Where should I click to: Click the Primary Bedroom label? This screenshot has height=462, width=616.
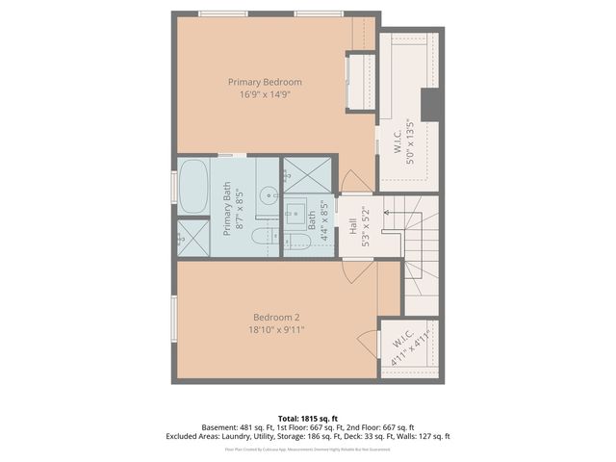pyautogui.click(x=265, y=82)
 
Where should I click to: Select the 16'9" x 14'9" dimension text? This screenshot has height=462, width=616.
pyautogui.click(x=265, y=95)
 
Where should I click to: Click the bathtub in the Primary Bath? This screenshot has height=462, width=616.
pyautogui.click(x=192, y=185)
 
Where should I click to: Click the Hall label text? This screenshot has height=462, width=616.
pyautogui.click(x=353, y=227)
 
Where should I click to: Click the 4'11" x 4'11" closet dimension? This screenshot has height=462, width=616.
pyautogui.click(x=413, y=342)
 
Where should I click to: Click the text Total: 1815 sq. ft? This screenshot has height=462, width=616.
pyautogui.click(x=308, y=419)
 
